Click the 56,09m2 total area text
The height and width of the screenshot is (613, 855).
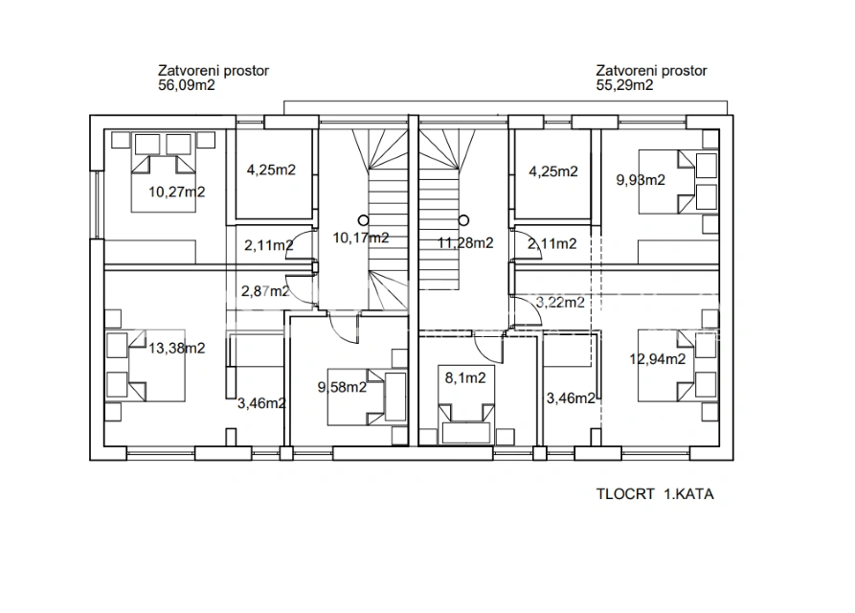pyautogui.click(x=187, y=85)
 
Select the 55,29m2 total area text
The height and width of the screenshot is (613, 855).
pyautogui.click(x=624, y=85)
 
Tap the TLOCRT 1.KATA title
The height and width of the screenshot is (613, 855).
pyautogui.click(x=655, y=494)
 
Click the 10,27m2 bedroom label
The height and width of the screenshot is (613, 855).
pyautogui.click(x=177, y=192)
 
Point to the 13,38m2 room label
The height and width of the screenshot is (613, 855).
pyautogui.click(x=177, y=348)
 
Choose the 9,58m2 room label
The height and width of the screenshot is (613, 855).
pyautogui.click(x=342, y=387)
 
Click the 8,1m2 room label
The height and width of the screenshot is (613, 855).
pyautogui.click(x=465, y=378)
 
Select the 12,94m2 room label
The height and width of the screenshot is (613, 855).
pyautogui.click(x=658, y=359)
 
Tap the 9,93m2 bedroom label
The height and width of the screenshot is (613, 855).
pyautogui.click(x=641, y=180)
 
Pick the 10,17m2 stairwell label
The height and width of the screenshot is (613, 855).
pyautogui.click(x=361, y=238)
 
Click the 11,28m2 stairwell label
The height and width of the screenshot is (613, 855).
pyautogui.click(x=465, y=242)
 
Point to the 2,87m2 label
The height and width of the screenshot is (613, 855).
pyautogui.click(x=265, y=291)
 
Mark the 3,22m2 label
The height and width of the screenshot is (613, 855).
pyautogui.click(x=560, y=302)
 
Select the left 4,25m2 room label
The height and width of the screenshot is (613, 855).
pyautogui.click(x=271, y=170)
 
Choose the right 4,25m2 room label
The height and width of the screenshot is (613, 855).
pyautogui.click(x=553, y=171)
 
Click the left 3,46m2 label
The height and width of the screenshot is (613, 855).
pyautogui.click(x=261, y=403)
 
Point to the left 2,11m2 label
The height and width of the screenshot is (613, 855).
pyautogui.click(x=268, y=245)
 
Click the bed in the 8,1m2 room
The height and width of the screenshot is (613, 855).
pyautogui.click(x=466, y=404)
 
